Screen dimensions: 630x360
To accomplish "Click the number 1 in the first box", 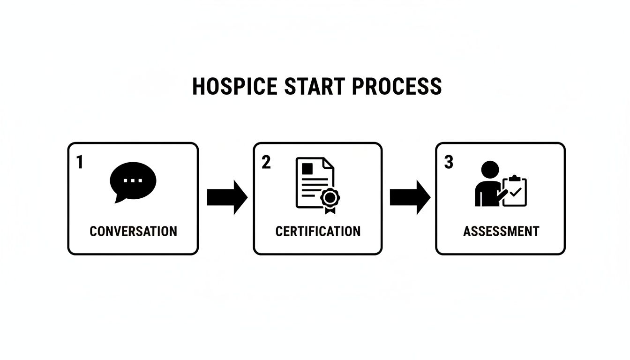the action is pos(79,162).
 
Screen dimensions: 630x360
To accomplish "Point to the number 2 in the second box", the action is pos(266,162).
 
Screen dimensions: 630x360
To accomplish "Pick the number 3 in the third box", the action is pos(449,162).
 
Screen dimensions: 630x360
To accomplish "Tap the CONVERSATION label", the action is pos(133,231).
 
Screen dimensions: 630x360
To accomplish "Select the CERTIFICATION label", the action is pos(318,231).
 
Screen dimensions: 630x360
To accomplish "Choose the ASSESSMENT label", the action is pos(501,231).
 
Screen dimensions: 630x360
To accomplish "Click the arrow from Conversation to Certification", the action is pos(227,197).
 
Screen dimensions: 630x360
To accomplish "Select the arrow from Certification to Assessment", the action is pos(410,197).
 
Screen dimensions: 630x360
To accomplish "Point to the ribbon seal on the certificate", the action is pos(330,199).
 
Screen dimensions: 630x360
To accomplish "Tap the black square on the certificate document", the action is pos(307,168).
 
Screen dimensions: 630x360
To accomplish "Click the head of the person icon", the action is pos(490,170).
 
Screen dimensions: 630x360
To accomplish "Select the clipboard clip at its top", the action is pos(515,178).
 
